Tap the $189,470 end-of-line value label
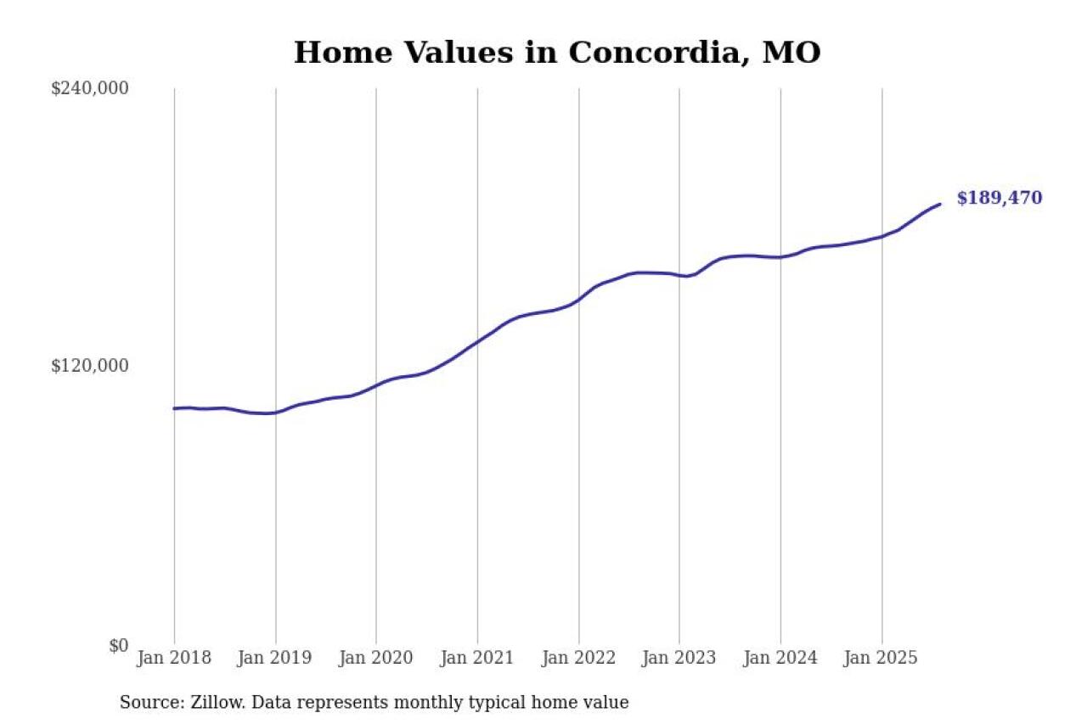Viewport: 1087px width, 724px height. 999,199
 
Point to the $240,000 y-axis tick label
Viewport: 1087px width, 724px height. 90,88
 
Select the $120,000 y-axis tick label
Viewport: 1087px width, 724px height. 90,366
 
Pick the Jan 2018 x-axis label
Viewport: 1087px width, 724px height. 174,659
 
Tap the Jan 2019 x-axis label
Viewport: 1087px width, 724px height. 275,659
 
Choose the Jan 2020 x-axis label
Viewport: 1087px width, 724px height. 376,659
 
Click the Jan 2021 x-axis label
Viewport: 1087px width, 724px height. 477,659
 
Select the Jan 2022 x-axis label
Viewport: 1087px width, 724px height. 578,659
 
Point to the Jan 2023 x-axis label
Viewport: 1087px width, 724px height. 679,659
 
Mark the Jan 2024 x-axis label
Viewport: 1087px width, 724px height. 780,659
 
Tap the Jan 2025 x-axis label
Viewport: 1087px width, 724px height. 881,659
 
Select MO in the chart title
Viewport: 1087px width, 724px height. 791,53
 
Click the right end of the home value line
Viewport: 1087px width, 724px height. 939,204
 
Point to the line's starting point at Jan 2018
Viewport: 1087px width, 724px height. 175,408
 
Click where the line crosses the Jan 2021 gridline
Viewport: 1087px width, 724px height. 477,341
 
